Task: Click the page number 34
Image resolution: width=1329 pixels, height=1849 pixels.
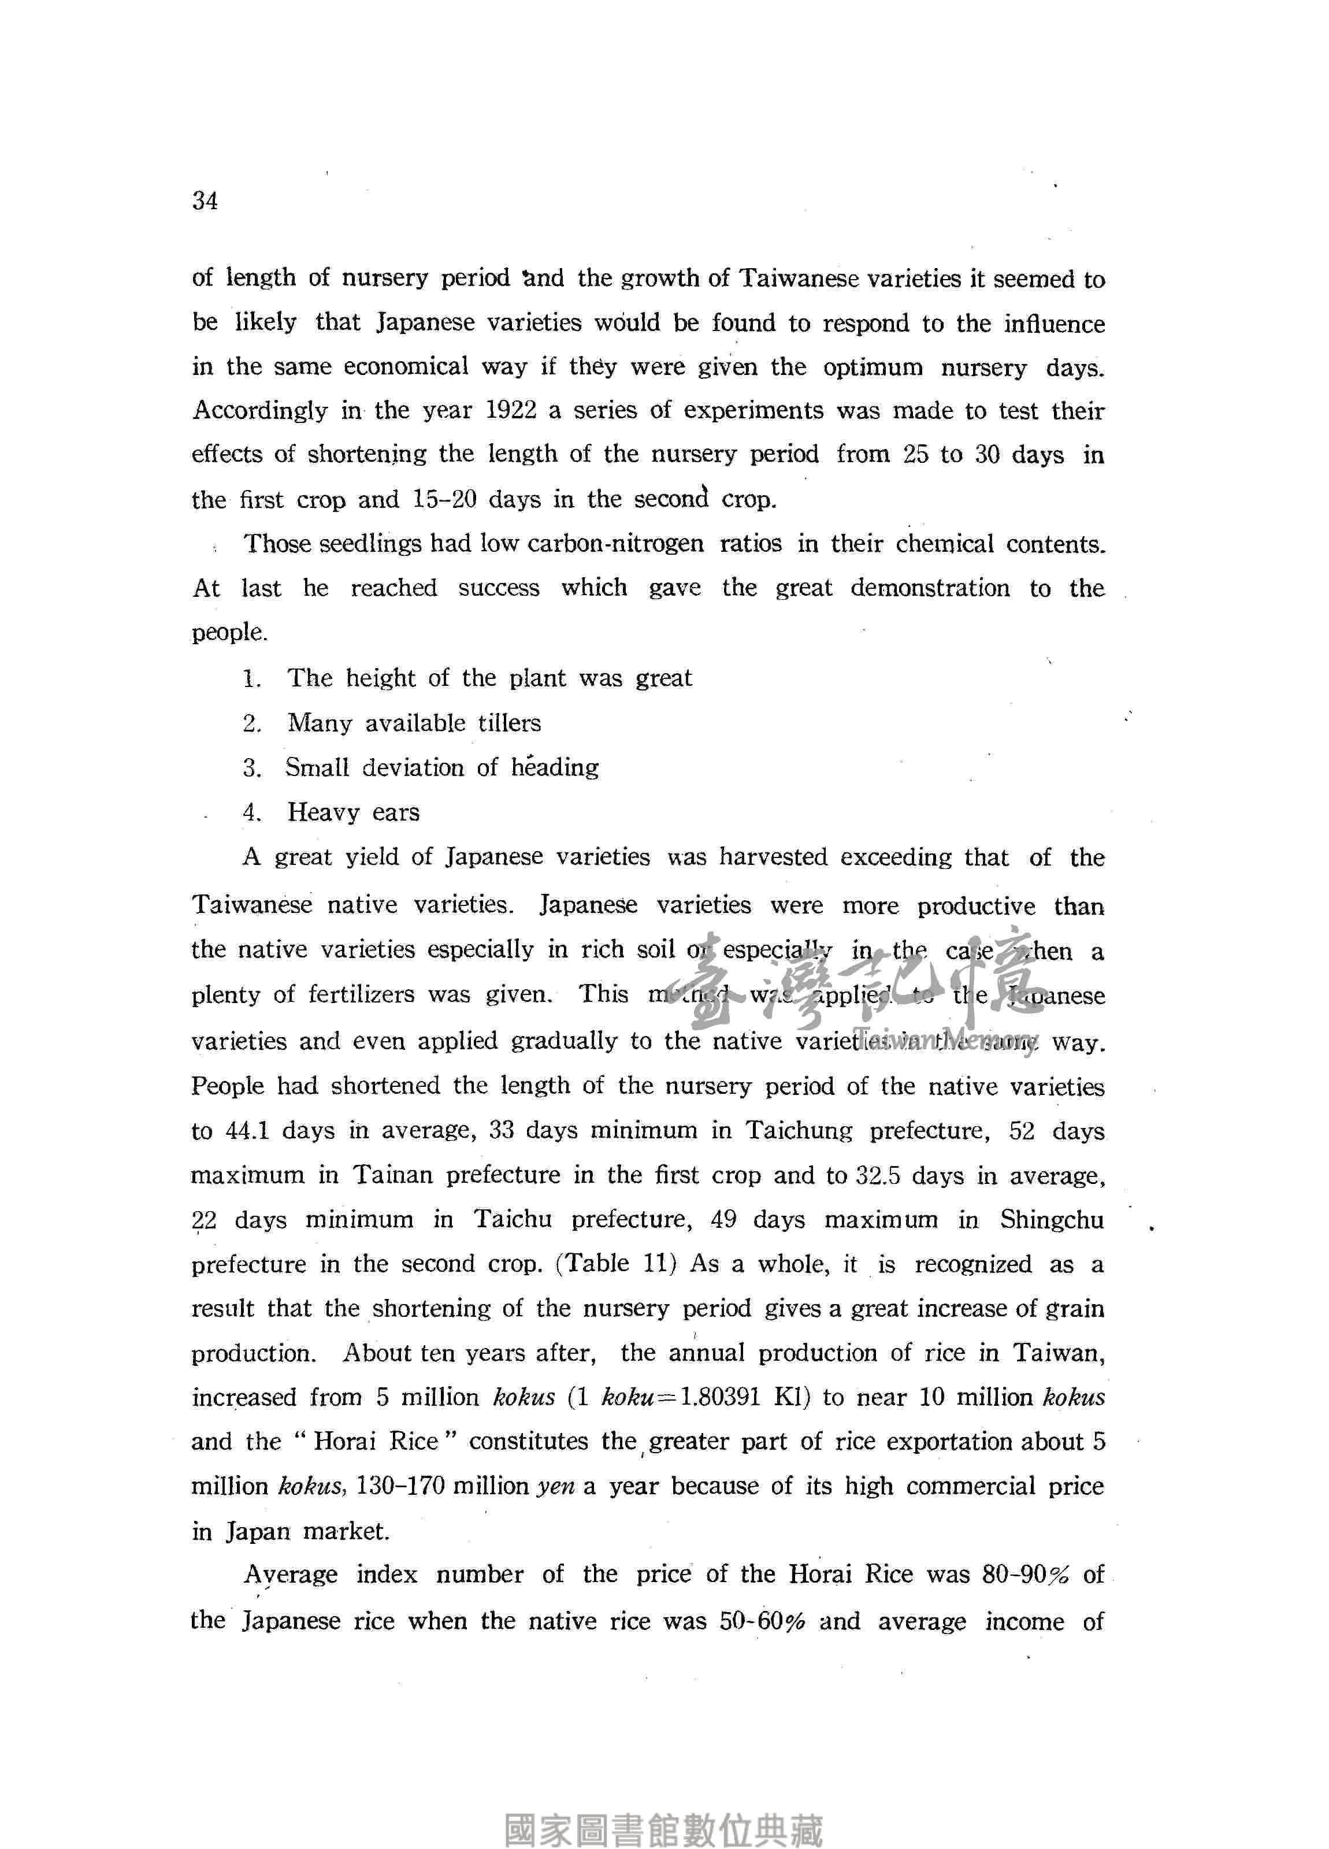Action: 205,201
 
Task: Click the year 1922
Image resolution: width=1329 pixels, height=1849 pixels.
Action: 510,410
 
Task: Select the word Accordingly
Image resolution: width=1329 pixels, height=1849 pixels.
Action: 260,411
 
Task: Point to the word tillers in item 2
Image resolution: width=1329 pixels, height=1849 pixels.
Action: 510,723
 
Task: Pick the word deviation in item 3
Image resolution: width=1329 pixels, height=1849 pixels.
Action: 413,768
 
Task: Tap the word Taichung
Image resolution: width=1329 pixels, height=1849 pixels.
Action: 799,1131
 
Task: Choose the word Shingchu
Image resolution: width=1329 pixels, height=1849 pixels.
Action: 1052,1220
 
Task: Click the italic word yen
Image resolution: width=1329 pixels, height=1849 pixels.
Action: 555,1486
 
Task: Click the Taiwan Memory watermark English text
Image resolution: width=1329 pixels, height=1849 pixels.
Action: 946,1041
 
